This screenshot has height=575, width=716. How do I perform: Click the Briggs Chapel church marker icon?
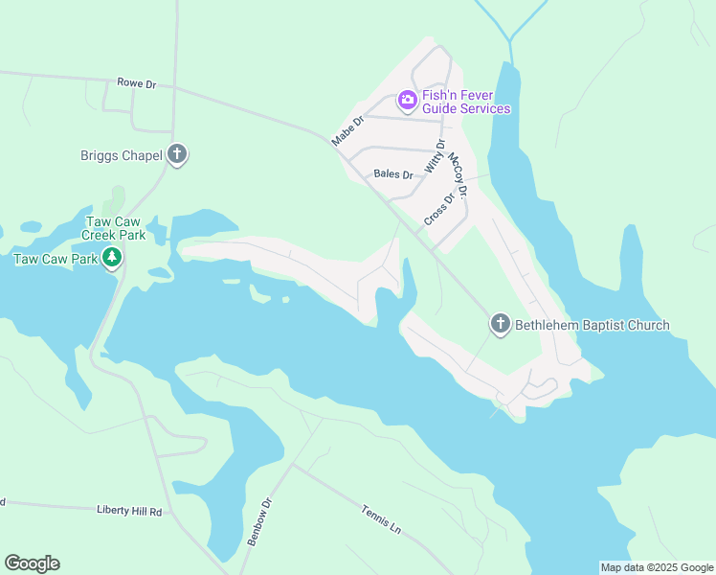pos(176,153)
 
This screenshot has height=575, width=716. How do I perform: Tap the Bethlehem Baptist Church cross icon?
pos(500,324)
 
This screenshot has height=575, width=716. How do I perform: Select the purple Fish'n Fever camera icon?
pos(407,99)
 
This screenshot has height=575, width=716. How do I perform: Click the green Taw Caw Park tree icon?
pos(112,258)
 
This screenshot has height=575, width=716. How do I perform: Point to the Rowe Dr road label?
pos(136,84)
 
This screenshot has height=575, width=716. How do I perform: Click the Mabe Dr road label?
pos(347,131)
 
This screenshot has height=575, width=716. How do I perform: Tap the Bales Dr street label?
pos(392,174)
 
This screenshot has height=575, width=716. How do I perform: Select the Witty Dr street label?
pos(435,157)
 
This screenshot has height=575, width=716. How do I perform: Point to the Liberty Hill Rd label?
pos(129,512)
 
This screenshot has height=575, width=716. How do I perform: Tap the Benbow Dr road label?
pos(259,521)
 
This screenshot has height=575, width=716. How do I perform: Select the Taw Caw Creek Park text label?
pos(113,228)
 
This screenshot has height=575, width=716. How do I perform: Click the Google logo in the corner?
pos(32,563)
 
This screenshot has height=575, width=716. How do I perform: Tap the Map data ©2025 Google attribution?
pos(657,567)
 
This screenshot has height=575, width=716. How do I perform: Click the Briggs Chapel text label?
pos(122,154)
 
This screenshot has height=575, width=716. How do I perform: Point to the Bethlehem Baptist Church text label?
pos(593,325)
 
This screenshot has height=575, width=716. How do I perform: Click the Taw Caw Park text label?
pos(56,259)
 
